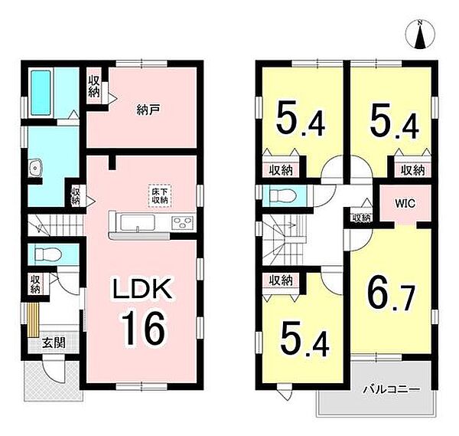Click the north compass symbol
(421, 34)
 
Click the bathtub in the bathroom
(41, 93)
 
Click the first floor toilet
(47, 254)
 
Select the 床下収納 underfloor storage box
(160, 195)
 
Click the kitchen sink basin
(138, 223)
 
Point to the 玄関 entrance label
(54, 343)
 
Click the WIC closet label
(405, 204)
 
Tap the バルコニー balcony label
(392, 390)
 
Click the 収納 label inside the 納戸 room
(94, 87)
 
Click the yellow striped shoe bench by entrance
(34, 320)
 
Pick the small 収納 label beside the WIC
(362, 218)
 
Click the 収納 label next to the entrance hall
(35, 284)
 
